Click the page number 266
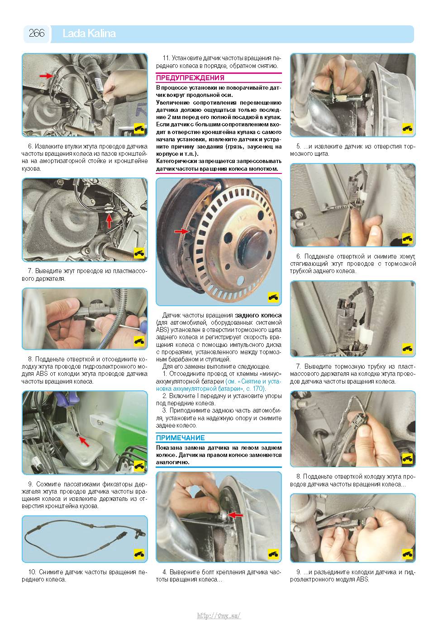pyautogui.click(x=37, y=33)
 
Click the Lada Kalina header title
pyautogui.click(x=89, y=34)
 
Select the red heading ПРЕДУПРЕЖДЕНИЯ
pyautogui.click(x=190, y=78)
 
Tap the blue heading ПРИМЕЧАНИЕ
pyautogui.click(x=180, y=437)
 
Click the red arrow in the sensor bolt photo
pyautogui.click(x=235, y=515)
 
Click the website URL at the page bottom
pyautogui.click(x=219, y=614)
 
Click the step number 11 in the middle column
pyautogui.click(x=166, y=58)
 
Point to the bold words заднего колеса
pyautogui.click(x=258, y=315)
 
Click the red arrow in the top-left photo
pyautogui.click(x=46, y=75)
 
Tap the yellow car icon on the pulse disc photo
pyautogui.click(x=273, y=297)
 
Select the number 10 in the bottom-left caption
pyautogui.click(x=33, y=572)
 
